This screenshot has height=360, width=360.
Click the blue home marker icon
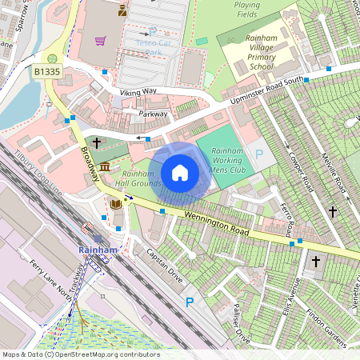180,172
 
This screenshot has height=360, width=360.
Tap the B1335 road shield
47,72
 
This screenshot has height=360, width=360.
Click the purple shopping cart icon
101,41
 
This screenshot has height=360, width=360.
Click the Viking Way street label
138,93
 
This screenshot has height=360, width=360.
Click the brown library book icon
116,204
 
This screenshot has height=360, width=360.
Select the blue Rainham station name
98,250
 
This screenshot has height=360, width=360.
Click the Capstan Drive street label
164,267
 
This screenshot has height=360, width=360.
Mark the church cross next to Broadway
97,143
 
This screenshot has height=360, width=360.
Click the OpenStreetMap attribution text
80,354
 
